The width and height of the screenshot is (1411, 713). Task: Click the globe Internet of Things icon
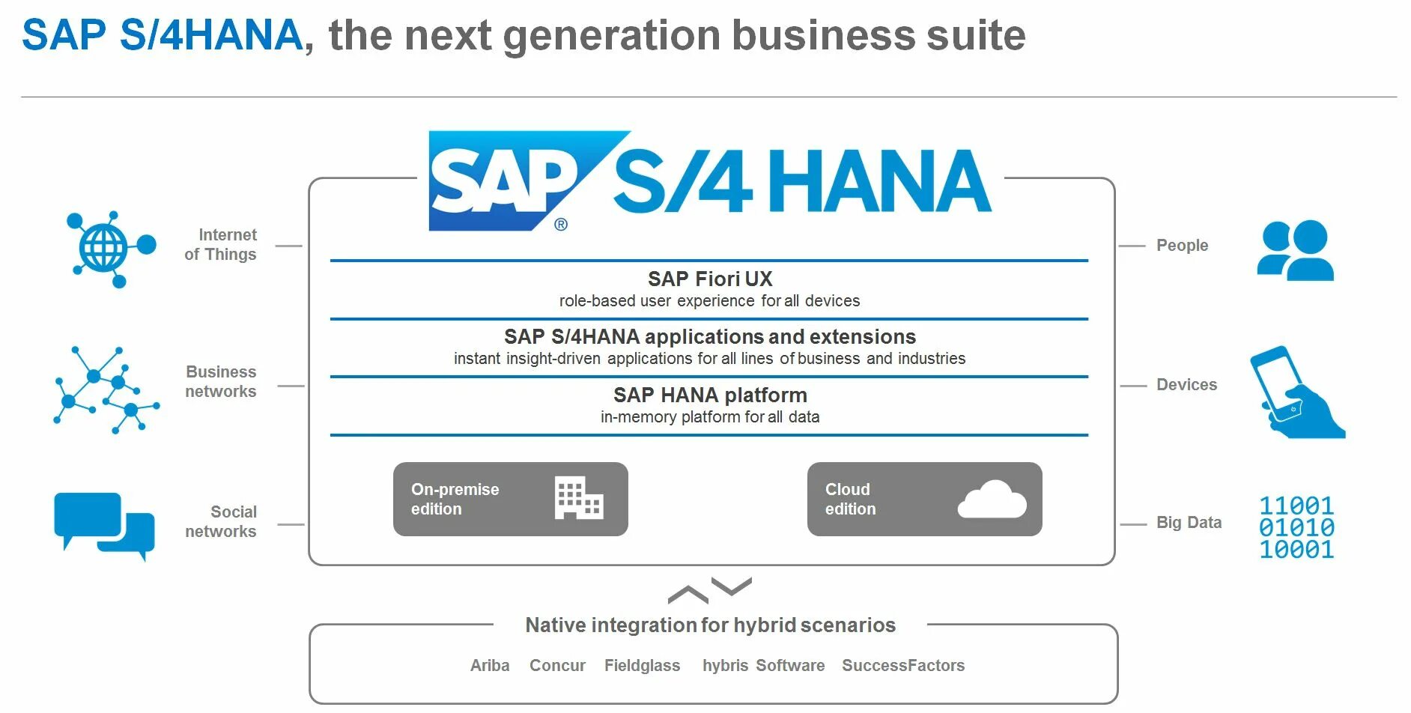[109, 249]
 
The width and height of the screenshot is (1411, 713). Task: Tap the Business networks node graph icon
[106, 389]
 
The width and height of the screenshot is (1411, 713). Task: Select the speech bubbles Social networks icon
[104, 524]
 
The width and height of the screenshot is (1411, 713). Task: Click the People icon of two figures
[1295, 251]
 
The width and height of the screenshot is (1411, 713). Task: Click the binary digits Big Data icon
[1296, 528]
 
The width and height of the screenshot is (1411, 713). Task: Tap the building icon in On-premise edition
[578, 498]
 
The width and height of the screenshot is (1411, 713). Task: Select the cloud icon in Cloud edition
[992, 500]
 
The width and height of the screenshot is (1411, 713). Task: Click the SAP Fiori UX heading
[709, 279]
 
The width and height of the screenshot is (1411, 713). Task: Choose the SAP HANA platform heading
[709, 395]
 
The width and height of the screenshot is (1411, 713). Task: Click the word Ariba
[490, 666]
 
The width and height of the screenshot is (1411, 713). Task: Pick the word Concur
[557, 666]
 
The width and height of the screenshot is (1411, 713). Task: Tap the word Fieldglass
[642, 666]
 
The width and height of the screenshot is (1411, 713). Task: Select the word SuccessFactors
[902, 666]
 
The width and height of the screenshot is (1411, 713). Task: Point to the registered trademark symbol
[561, 225]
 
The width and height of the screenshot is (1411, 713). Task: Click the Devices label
[1186, 385]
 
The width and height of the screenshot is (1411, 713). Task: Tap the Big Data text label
[1189, 523]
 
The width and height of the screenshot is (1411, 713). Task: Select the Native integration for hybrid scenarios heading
[710, 625]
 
